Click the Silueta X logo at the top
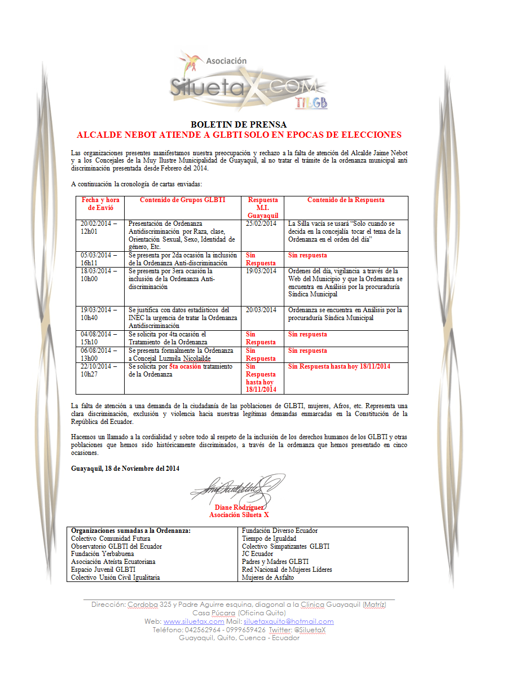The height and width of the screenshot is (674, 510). point(249,82)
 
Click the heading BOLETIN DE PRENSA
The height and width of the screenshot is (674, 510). point(239,125)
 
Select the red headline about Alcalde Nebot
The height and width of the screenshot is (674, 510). point(239,135)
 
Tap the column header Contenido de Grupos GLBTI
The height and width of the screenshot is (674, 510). point(182,200)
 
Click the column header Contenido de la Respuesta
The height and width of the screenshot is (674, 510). point(346,200)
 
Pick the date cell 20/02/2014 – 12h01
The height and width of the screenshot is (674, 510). point(99,227)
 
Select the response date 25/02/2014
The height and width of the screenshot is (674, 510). point(261,224)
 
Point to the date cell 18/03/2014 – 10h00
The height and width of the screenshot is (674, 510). point(99,275)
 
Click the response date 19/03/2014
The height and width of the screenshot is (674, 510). point(261,271)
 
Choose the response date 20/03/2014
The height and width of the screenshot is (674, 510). point(261,310)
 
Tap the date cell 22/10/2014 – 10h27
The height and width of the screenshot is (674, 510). point(99,370)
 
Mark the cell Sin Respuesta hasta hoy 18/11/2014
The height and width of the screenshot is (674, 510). point(339,366)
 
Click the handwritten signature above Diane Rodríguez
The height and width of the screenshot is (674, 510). point(237,487)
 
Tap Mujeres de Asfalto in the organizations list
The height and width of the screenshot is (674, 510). point(267,577)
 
